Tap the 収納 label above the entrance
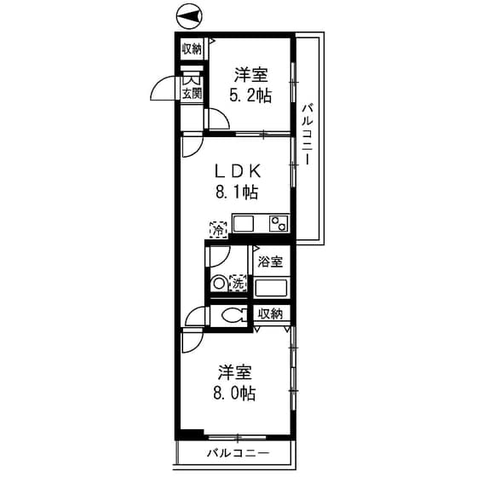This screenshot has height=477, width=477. pos(191,49)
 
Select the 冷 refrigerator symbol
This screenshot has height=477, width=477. pos(218,228)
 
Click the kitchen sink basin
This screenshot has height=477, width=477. pos(244,223)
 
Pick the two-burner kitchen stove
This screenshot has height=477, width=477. pos(279,223)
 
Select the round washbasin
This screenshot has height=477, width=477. pos(219,283)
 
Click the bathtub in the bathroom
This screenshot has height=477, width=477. pos(273,285)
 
